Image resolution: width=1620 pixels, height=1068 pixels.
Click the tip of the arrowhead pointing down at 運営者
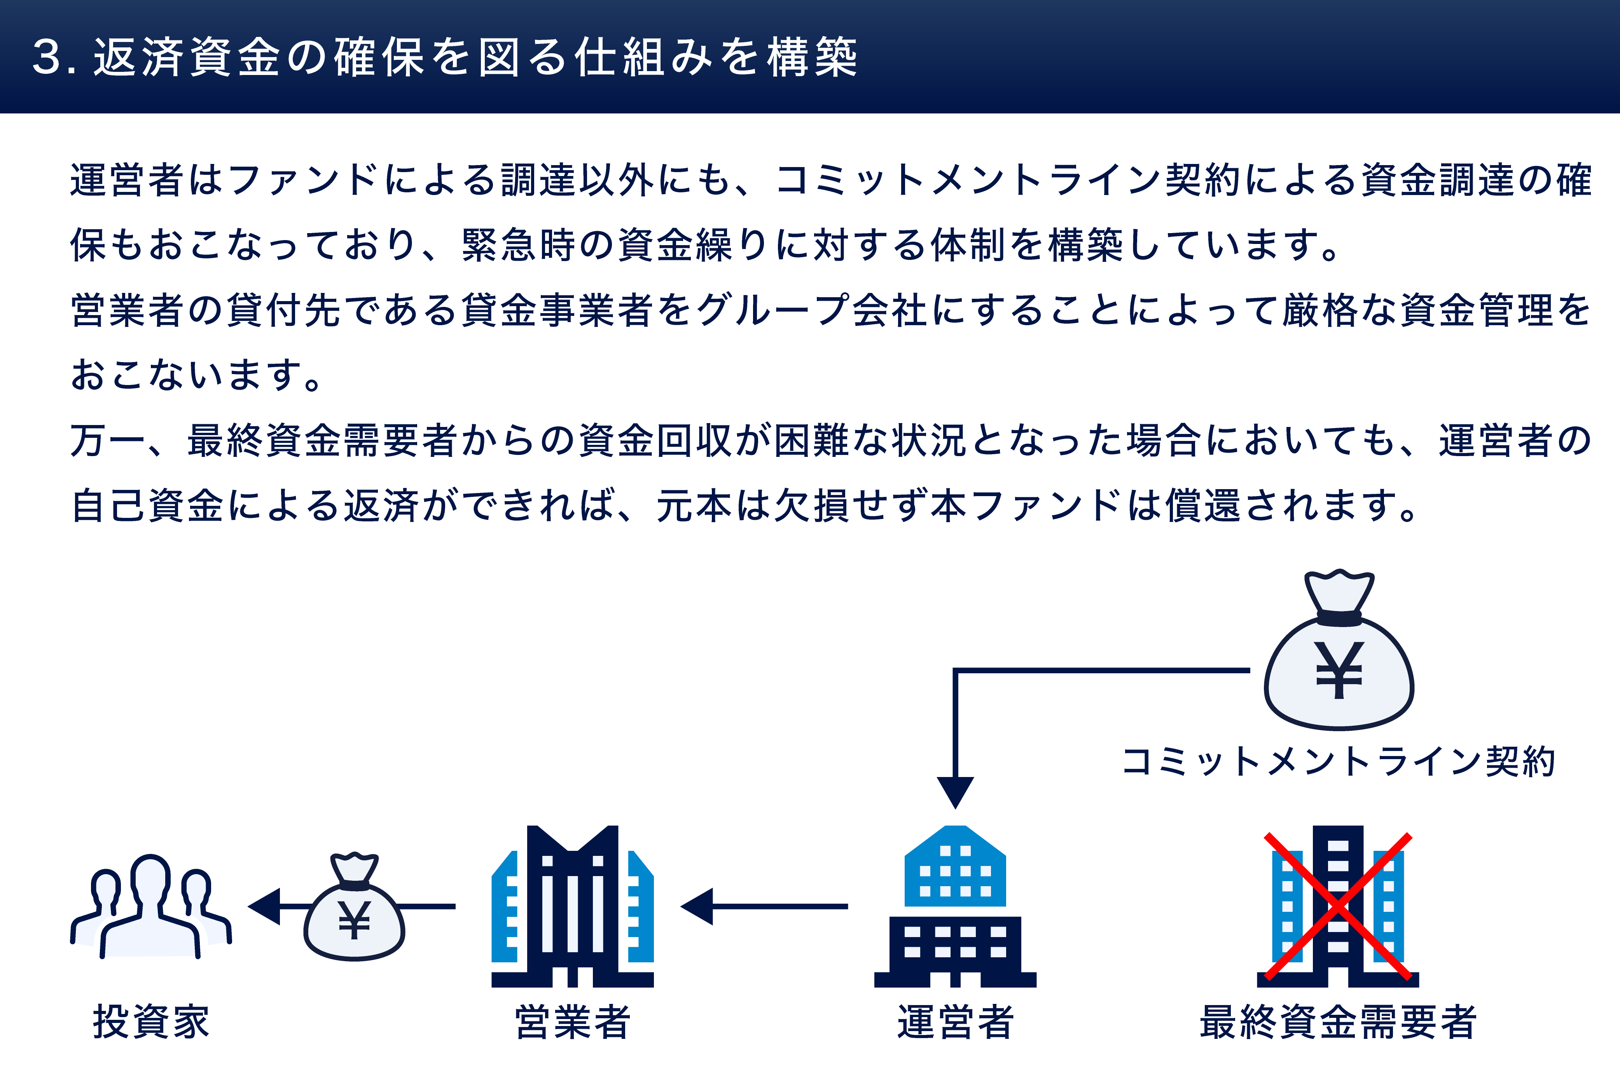(x=955, y=808)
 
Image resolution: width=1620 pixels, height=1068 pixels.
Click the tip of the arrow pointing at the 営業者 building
(x=681, y=906)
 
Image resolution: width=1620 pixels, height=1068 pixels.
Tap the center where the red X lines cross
(x=1338, y=906)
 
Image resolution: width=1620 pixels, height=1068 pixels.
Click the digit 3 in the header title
(x=48, y=57)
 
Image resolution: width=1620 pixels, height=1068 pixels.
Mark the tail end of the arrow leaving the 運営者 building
(x=848, y=906)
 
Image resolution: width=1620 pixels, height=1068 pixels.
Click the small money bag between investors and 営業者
(x=355, y=906)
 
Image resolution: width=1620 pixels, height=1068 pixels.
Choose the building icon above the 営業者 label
(x=573, y=906)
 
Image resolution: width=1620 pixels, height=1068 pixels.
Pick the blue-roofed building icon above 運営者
(x=955, y=906)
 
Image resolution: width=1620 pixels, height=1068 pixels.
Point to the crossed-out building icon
(x=1338, y=906)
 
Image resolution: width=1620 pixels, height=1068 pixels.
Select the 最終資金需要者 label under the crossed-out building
(x=1338, y=1022)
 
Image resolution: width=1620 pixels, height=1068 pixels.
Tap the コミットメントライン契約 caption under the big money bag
(x=1339, y=761)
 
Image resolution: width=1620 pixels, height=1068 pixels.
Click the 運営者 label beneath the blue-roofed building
(x=955, y=1022)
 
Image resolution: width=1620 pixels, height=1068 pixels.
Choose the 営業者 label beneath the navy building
(x=573, y=1022)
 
